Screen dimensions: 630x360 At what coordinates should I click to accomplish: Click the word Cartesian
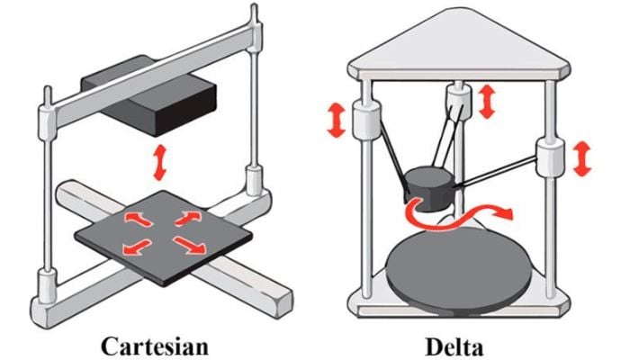(155, 346)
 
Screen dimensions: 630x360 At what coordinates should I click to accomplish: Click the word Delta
(454, 346)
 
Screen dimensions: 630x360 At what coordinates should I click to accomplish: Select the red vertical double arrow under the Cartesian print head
(160, 162)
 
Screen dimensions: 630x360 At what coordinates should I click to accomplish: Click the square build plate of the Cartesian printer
(164, 238)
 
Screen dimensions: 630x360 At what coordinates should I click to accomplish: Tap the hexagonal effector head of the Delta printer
(430, 188)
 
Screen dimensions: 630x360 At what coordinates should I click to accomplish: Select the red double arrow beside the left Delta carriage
(337, 120)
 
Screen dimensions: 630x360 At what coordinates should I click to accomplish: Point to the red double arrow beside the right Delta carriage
(581, 158)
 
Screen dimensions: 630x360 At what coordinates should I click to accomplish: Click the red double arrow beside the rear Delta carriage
(487, 101)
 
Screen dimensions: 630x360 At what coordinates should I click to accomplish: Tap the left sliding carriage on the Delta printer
(365, 120)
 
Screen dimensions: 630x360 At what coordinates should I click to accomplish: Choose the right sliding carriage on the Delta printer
(551, 157)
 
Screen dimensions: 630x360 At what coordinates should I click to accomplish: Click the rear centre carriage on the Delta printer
(458, 101)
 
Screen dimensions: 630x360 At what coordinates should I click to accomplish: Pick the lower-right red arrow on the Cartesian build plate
(189, 245)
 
